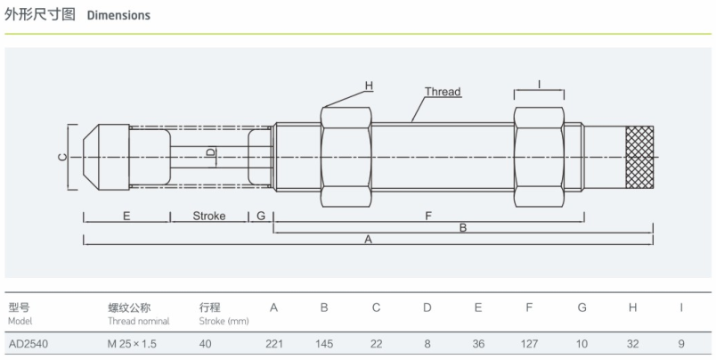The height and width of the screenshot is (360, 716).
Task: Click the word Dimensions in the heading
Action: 118,15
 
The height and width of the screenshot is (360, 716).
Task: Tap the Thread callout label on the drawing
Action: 443,92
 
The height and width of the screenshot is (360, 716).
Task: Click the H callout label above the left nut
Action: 369,86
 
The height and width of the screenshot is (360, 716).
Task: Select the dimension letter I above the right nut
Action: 540,84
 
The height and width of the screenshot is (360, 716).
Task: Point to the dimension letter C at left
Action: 62,157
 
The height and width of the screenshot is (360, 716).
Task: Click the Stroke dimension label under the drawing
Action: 209,216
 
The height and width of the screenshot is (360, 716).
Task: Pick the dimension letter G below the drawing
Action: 261,216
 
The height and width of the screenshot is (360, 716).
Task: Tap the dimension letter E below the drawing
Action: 126,216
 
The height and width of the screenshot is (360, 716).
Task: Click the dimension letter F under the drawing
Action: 428,216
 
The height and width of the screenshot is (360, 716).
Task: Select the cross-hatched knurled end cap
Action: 639,157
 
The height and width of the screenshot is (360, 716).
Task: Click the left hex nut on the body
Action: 346,157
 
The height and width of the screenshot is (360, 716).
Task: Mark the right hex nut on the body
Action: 539,157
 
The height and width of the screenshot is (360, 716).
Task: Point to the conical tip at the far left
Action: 91,157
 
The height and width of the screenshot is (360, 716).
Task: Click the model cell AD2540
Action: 28,344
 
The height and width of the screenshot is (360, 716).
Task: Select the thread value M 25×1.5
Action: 132,344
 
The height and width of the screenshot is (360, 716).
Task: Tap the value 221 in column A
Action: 274,344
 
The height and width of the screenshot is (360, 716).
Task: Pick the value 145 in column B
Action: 324,344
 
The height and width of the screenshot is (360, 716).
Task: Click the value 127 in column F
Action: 529,344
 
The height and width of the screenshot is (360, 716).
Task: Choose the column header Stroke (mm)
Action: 224,321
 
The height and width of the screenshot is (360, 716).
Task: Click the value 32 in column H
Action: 633,344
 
